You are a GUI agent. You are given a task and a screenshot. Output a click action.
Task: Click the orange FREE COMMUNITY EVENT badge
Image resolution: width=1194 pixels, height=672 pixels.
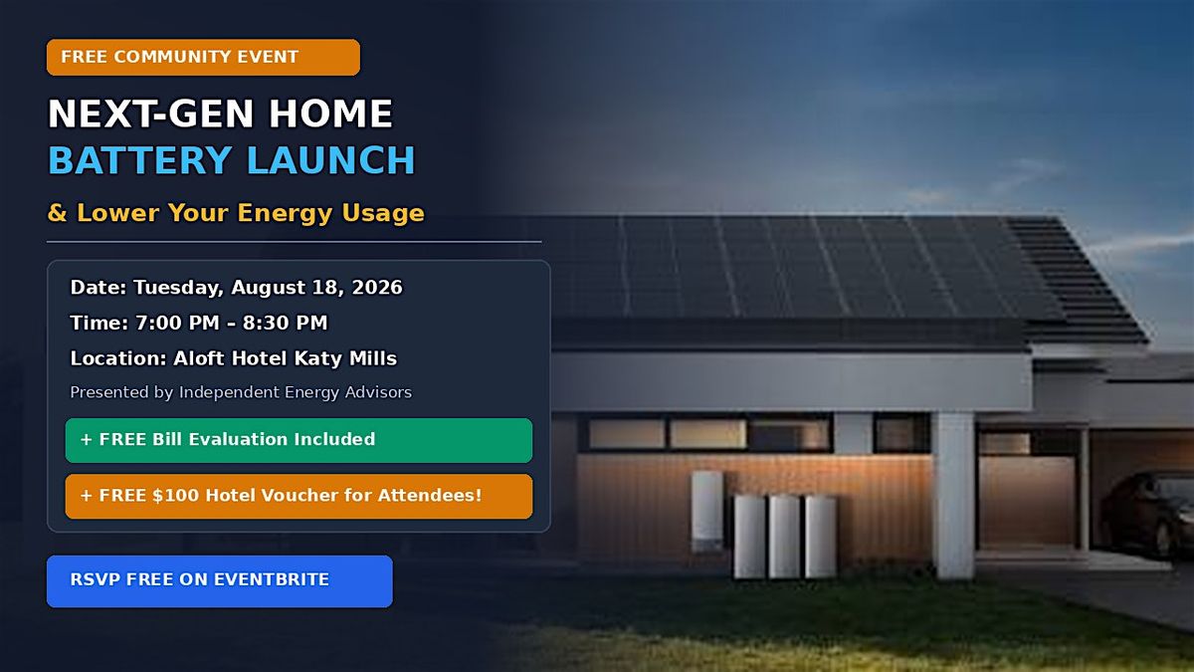click(x=203, y=57)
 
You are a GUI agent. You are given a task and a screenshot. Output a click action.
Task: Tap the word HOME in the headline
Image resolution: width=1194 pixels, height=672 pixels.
click(x=330, y=113)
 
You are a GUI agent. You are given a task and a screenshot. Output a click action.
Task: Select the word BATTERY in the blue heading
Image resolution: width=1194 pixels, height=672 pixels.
click(x=139, y=160)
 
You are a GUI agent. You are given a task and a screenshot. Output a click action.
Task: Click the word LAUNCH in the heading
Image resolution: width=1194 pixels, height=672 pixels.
click(x=331, y=160)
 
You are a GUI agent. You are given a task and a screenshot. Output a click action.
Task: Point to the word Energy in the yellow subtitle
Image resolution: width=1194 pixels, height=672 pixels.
click(x=285, y=213)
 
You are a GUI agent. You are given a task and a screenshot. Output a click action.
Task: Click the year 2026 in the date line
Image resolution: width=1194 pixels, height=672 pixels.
click(x=377, y=287)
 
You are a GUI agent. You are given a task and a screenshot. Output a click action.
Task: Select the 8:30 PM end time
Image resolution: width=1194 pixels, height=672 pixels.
click(x=285, y=323)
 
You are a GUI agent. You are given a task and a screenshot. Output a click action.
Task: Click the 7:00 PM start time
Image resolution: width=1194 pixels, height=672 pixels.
click(x=177, y=323)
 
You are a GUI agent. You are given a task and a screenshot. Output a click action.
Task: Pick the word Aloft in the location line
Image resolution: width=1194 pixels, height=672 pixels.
click(x=199, y=357)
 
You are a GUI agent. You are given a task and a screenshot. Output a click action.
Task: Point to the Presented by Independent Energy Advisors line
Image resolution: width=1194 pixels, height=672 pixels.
click(x=241, y=392)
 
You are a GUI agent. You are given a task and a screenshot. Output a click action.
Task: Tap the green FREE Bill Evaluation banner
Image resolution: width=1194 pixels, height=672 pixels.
click(x=298, y=440)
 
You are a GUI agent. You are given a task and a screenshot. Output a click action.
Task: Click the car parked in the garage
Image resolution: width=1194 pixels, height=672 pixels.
click(x=1147, y=512)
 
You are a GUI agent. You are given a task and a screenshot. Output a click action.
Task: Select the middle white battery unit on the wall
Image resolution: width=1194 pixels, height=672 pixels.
click(x=784, y=537)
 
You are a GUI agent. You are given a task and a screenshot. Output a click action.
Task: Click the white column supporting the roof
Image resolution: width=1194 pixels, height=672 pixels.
click(x=954, y=495)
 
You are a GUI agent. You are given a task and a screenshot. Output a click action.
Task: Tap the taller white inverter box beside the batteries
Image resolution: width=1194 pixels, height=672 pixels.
click(x=706, y=511)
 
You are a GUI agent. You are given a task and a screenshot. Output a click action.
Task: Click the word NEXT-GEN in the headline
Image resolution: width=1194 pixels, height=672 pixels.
click(x=151, y=113)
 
